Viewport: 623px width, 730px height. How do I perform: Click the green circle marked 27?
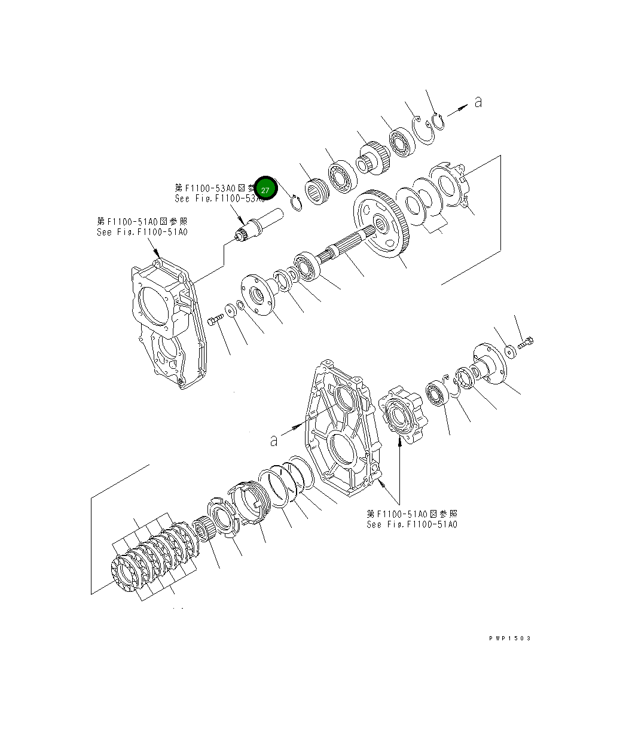coord(265,189)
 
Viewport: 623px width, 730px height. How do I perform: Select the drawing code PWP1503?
coord(509,638)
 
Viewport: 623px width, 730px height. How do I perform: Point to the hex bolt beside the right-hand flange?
coord(526,343)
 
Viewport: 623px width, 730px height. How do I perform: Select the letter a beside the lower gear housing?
coord(274,441)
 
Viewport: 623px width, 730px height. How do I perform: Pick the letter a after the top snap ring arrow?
coord(478,102)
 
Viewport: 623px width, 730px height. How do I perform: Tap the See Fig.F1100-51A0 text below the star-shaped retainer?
coord(412,524)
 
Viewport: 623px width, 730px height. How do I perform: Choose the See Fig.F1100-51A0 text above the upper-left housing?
coord(142,232)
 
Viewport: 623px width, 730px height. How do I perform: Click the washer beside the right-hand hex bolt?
coord(509,350)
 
